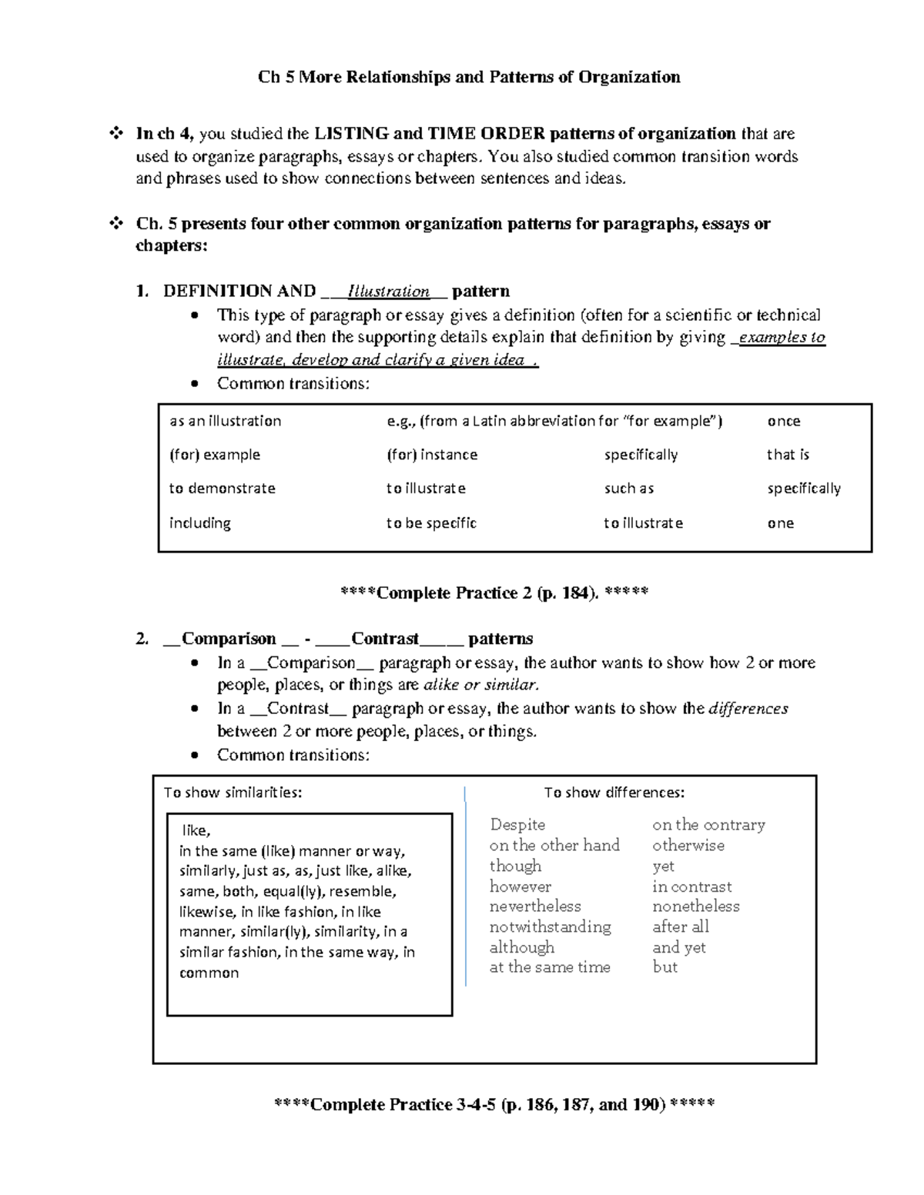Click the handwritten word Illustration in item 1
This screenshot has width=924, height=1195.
click(x=389, y=292)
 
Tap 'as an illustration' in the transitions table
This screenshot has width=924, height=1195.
click(x=225, y=421)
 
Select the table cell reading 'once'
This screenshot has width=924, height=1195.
click(x=783, y=421)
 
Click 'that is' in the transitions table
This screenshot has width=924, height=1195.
click(x=788, y=455)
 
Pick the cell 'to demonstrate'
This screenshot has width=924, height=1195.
click(x=222, y=489)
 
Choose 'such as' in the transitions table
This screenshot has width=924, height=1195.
click(x=628, y=489)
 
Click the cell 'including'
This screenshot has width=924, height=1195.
click(x=199, y=523)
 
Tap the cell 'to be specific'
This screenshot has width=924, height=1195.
click(x=431, y=523)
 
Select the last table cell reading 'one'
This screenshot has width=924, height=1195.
click(x=780, y=523)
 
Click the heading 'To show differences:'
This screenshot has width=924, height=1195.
click(x=614, y=793)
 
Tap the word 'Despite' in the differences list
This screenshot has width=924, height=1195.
click(x=517, y=825)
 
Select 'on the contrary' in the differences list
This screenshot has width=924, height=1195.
click(x=708, y=825)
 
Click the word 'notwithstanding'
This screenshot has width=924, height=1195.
click(x=550, y=926)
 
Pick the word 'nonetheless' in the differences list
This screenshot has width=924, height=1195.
click(x=695, y=906)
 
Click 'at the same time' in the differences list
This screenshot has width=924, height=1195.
click(x=550, y=967)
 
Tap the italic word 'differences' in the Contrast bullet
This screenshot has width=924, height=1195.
click(x=748, y=709)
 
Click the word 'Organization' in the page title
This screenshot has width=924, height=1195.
click(x=629, y=77)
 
